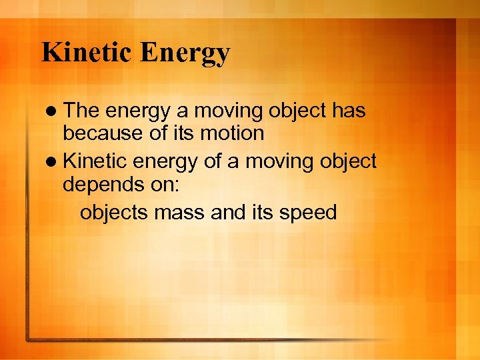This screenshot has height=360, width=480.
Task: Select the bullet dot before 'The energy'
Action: click(x=53, y=109)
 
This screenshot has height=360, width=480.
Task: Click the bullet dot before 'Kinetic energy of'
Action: click(x=53, y=161)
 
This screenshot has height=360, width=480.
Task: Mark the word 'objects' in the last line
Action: click(x=115, y=213)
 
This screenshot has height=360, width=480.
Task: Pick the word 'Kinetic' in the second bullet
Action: click(x=99, y=161)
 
